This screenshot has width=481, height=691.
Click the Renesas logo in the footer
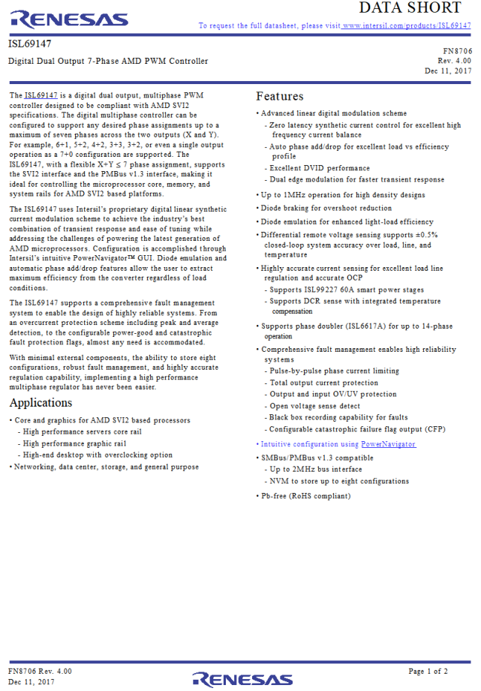(x=240, y=678)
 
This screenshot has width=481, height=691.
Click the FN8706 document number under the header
(x=457, y=50)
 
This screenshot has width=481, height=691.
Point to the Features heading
(x=280, y=96)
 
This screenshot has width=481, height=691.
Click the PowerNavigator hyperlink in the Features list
(x=388, y=444)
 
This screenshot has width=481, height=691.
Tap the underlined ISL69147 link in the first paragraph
(x=41, y=95)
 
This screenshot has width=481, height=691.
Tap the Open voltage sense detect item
(x=314, y=406)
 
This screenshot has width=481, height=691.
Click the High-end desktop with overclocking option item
(x=98, y=455)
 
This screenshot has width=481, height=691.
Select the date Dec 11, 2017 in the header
(x=448, y=71)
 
